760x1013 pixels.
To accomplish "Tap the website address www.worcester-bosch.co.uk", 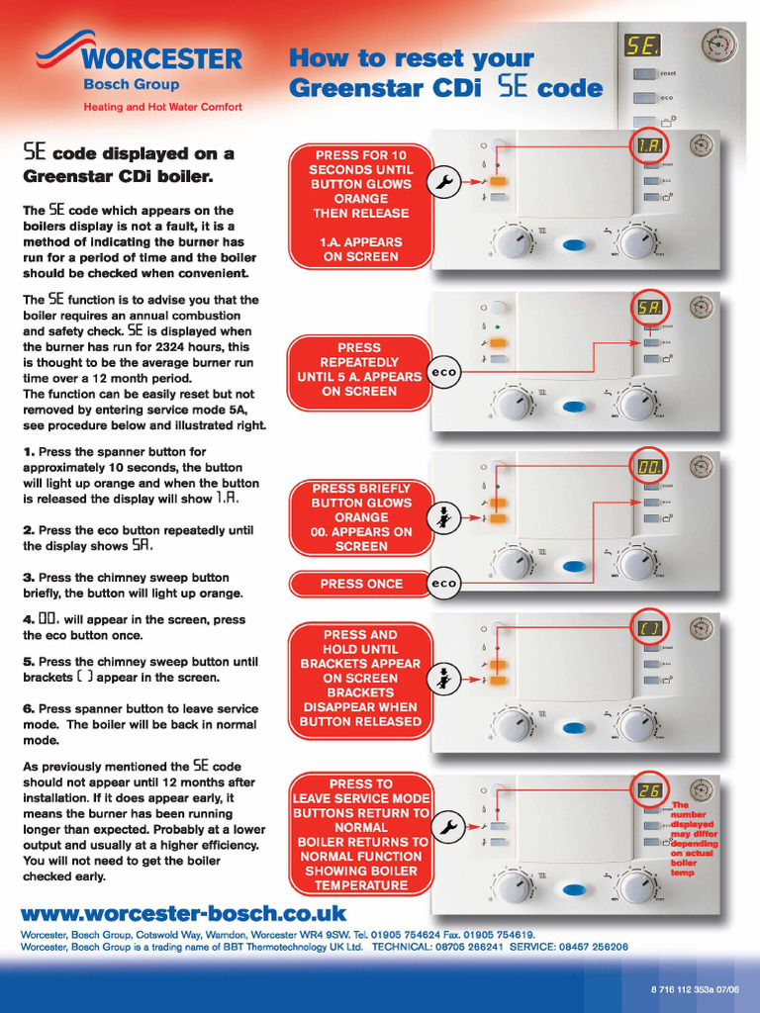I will click(184, 913).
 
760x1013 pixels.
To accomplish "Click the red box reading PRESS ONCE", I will click(361, 584).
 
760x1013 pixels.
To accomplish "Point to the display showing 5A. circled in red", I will click(648, 307).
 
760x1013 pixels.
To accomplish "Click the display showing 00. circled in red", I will click(648, 466).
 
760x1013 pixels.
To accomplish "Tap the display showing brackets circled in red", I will click(648, 626).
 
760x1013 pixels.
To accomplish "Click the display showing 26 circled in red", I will click(648, 789).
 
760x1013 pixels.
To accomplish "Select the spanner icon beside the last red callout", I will click(446, 827).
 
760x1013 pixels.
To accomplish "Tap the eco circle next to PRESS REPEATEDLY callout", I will click(443, 372).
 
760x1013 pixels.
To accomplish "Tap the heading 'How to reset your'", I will click(411, 58).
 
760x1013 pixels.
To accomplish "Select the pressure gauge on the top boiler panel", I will click(718, 46).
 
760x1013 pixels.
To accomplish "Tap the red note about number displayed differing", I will click(694, 839).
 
